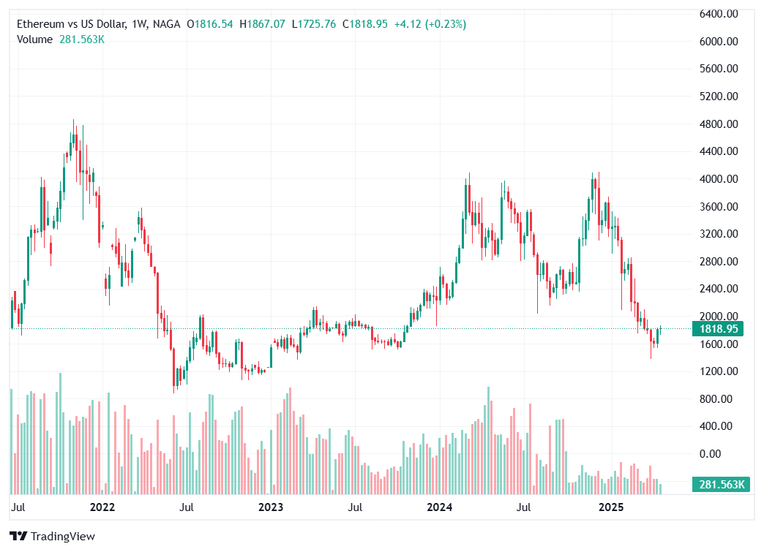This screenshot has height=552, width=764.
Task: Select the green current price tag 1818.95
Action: point(722,329)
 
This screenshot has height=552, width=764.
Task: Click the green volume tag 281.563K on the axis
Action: point(722,484)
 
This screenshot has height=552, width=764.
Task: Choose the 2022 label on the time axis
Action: point(102,507)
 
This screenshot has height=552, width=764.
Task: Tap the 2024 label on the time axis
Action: point(440,507)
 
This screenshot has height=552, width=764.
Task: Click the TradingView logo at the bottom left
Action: point(53,537)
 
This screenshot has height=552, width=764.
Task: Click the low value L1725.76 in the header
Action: point(314,24)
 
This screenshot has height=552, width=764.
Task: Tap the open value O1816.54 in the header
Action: point(210,24)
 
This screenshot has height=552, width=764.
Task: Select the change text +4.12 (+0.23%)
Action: point(430,24)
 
